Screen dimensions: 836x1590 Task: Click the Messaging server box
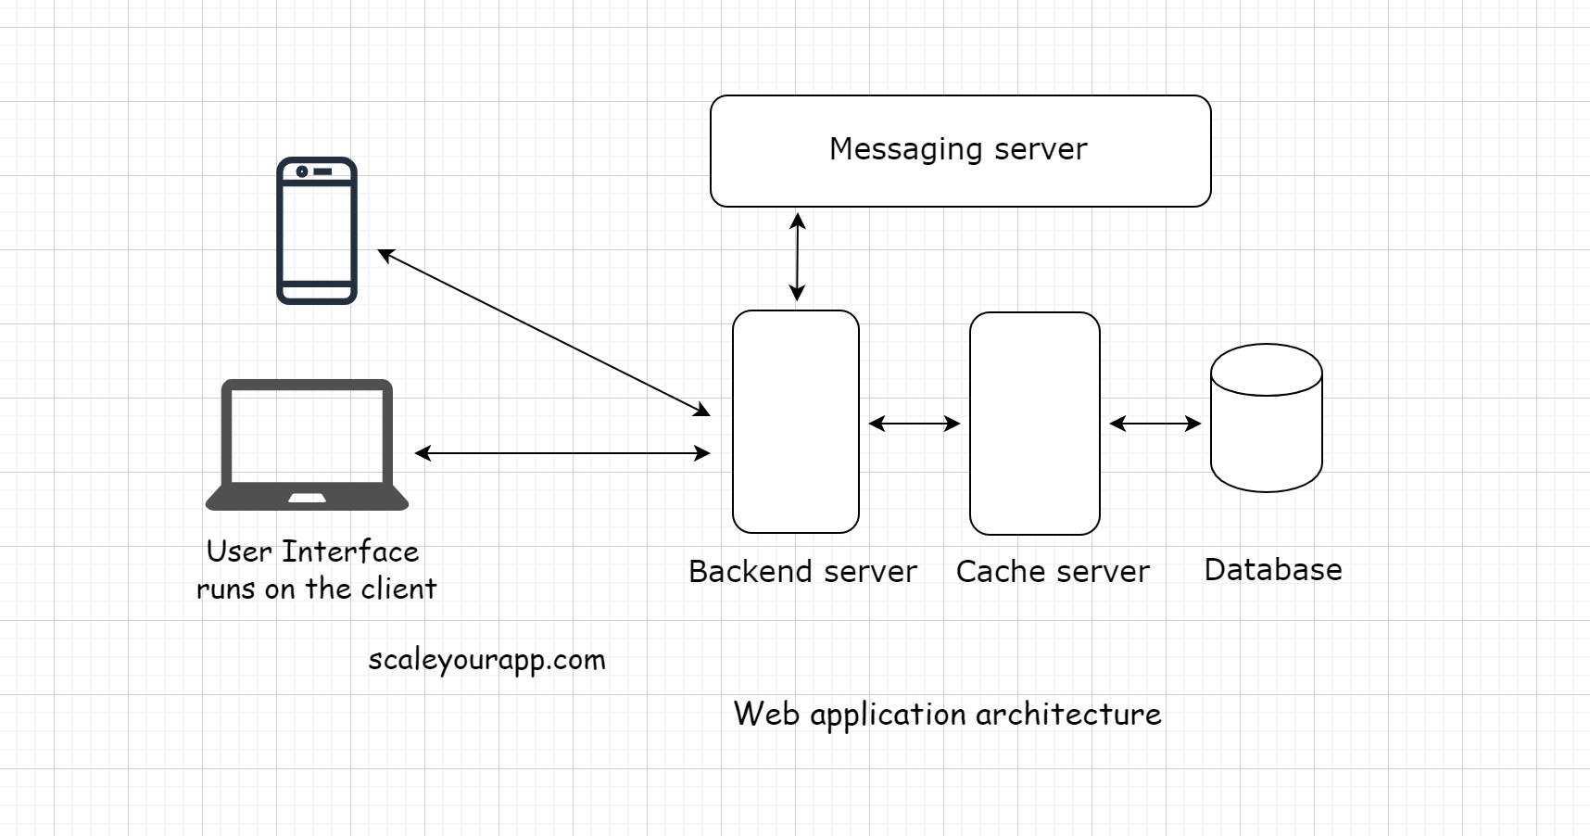[x=960, y=151]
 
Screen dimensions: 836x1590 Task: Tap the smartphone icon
[x=317, y=231]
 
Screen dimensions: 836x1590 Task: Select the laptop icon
[x=307, y=444]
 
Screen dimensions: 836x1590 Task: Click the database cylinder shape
[x=1266, y=418]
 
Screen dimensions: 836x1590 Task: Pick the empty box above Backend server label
[x=796, y=422]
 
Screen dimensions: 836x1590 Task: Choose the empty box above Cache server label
[x=1034, y=424]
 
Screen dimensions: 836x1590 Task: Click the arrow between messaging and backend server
[x=797, y=258]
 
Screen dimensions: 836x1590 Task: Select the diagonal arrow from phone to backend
[x=544, y=333]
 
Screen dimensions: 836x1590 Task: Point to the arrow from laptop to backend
[x=562, y=453]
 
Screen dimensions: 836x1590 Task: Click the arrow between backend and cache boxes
[x=914, y=424]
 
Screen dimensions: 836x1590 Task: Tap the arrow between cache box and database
[x=1155, y=424]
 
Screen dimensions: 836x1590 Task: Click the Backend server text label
[x=802, y=571]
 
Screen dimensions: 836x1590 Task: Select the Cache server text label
[x=1053, y=571]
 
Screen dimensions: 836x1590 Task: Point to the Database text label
[x=1272, y=569]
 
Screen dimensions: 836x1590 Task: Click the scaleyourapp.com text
[x=486, y=660]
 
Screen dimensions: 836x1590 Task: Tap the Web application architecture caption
[x=947, y=714]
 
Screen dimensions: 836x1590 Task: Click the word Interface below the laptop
[x=350, y=551]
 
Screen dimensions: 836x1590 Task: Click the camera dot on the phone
[x=302, y=171]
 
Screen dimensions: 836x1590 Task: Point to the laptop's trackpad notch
[x=307, y=499]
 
